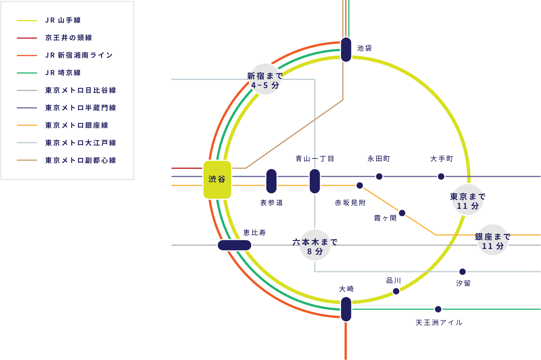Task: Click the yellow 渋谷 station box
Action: point(217,179)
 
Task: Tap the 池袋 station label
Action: point(364,48)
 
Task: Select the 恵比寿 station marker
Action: point(234,245)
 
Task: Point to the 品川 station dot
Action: point(396,291)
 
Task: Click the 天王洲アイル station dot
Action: point(438,309)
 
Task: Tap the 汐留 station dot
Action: point(462,272)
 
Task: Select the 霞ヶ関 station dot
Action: point(402,213)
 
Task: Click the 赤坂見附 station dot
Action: point(360,185)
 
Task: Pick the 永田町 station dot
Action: point(379,176)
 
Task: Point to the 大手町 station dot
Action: point(441,176)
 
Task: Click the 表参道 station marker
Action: point(271,181)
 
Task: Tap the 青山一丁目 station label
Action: point(315,159)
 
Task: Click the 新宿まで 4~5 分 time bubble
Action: point(265,80)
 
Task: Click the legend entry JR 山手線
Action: point(63,20)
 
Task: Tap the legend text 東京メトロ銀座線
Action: point(77,125)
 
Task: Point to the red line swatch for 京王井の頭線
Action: point(27,38)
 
